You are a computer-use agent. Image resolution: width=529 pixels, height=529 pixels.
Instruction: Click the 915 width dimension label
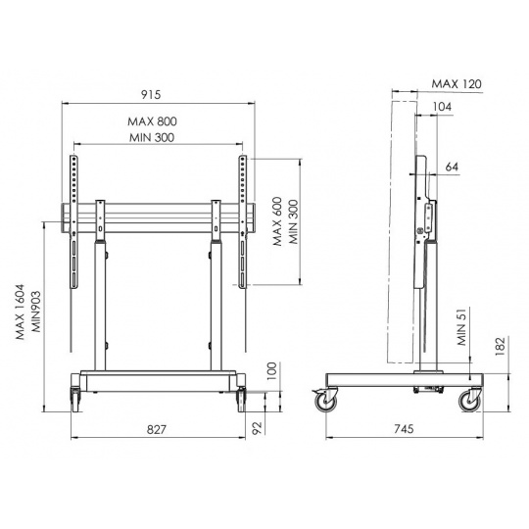click(151, 95)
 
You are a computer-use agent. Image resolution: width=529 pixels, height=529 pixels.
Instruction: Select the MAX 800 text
click(152, 121)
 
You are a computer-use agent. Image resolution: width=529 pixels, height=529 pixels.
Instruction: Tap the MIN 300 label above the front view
click(152, 138)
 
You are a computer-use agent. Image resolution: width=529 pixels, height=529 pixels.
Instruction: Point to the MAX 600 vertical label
click(277, 221)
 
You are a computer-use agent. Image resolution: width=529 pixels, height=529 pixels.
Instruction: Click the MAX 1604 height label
click(21, 313)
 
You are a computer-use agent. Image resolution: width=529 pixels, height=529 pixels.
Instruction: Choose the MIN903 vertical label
click(36, 312)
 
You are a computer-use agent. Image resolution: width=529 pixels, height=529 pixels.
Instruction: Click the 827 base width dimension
click(157, 429)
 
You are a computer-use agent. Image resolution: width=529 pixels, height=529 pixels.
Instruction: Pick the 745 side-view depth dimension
click(404, 429)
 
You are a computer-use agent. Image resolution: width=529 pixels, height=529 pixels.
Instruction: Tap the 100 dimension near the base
click(271, 371)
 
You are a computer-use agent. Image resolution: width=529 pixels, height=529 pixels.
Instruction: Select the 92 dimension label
click(257, 428)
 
